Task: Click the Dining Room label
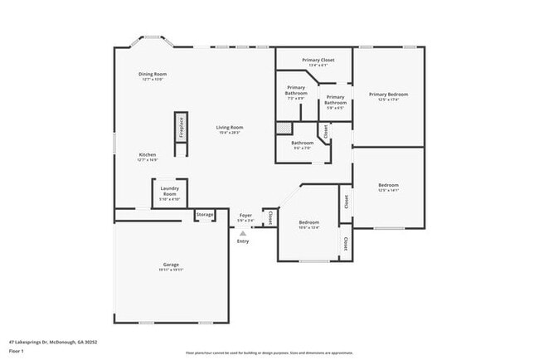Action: [153, 75]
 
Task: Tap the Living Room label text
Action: [230, 127]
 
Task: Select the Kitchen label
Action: [147, 154]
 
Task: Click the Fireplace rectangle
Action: [180, 133]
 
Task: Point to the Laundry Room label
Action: [169, 192]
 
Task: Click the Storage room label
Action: [205, 215]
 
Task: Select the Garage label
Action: [170, 265]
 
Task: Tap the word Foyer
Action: [246, 215]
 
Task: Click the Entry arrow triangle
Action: [243, 233]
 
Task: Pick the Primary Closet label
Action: [318, 61]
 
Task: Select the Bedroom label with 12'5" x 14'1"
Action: [388, 185]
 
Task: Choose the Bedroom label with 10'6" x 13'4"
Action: [309, 222]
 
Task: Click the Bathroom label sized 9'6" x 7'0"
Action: [302, 143]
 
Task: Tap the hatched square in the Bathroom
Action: [284, 129]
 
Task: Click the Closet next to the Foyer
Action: [269, 217]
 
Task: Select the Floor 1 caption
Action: [17, 350]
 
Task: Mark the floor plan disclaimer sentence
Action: [269, 352]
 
